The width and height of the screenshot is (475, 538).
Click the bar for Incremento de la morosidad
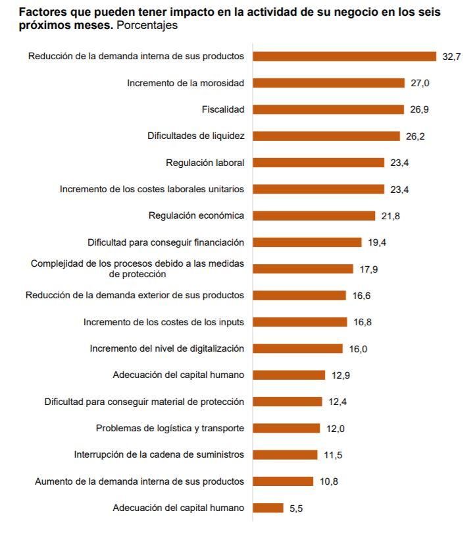click(x=328, y=83)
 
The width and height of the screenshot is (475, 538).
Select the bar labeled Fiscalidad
click(x=328, y=109)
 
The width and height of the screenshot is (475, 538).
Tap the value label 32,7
click(x=451, y=57)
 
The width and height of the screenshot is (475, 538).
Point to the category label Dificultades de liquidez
click(x=195, y=136)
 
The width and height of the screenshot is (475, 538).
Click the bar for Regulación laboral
click(x=318, y=163)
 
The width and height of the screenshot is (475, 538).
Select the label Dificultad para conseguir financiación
click(x=166, y=242)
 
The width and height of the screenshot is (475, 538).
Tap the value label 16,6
click(x=361, y=296)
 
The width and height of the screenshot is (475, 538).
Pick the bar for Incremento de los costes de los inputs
click(x=299, y=322)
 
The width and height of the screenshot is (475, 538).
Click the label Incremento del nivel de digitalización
click(x=166, y=348)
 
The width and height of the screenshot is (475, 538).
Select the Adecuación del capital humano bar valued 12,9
click(x=289, y=375)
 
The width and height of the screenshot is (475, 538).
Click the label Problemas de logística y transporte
click(x=170, y=428)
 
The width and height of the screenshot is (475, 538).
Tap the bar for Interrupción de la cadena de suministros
click(x=285, y=454)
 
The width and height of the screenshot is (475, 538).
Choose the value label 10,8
click(x=329, y=481)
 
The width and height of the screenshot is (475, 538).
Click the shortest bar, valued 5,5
click(x=268, y=508)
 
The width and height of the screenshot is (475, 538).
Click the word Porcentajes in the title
click(x=147, y=26)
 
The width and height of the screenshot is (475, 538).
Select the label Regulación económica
click(x=196, y=215)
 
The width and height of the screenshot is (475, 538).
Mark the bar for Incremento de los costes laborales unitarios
click(x=318, y=189)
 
